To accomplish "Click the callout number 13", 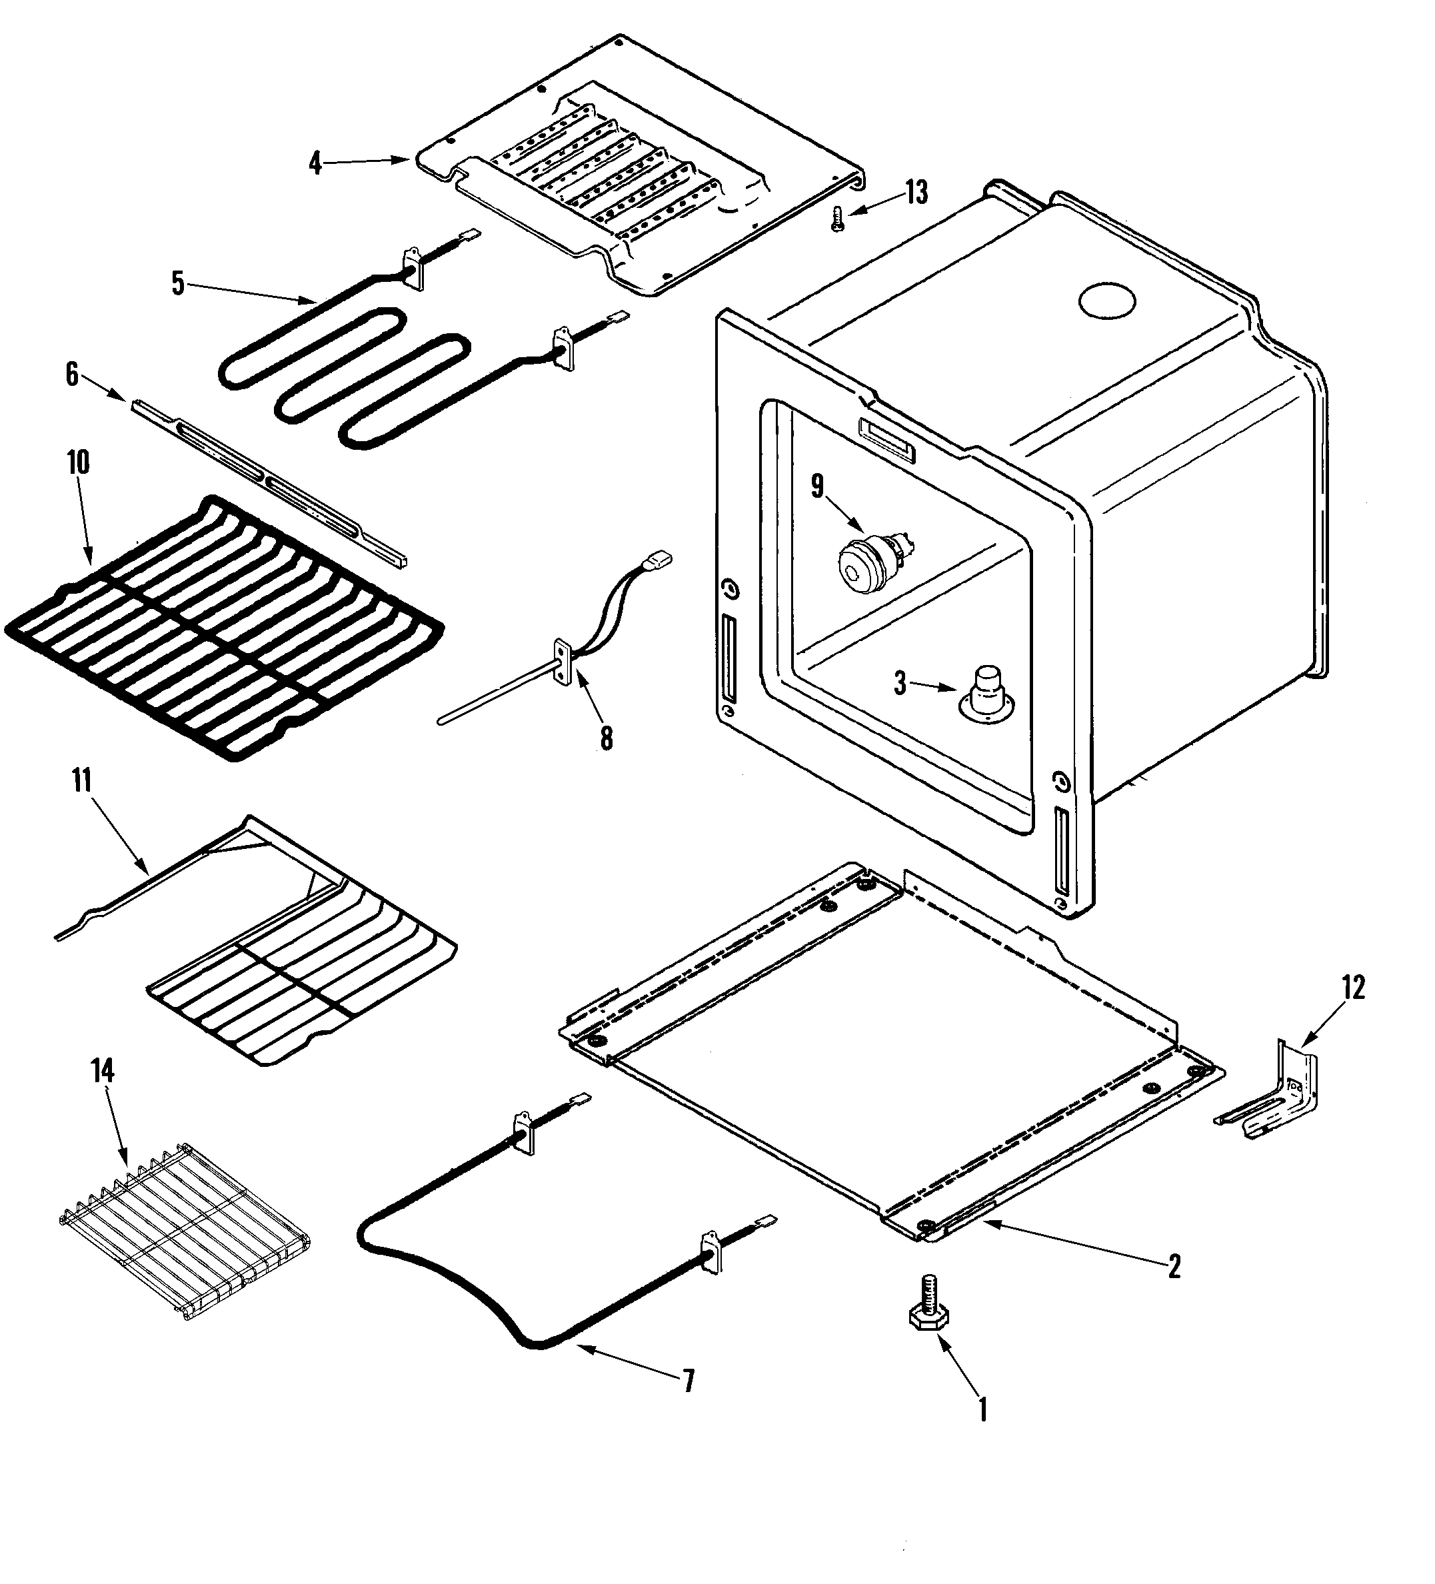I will tap(916, 193).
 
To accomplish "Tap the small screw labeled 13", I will tap(838, 218).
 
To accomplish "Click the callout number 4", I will tap(315, 163).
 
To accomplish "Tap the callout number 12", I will tap(1352, 987).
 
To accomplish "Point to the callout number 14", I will tap(103, 1070).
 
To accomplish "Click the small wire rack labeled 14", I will tap(185, 1229).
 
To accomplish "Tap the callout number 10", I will tap(79, 462).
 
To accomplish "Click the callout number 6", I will tap(72, 375).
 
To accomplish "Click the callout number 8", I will tap(606, 738).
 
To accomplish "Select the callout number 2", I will tap(1173, 1265).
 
